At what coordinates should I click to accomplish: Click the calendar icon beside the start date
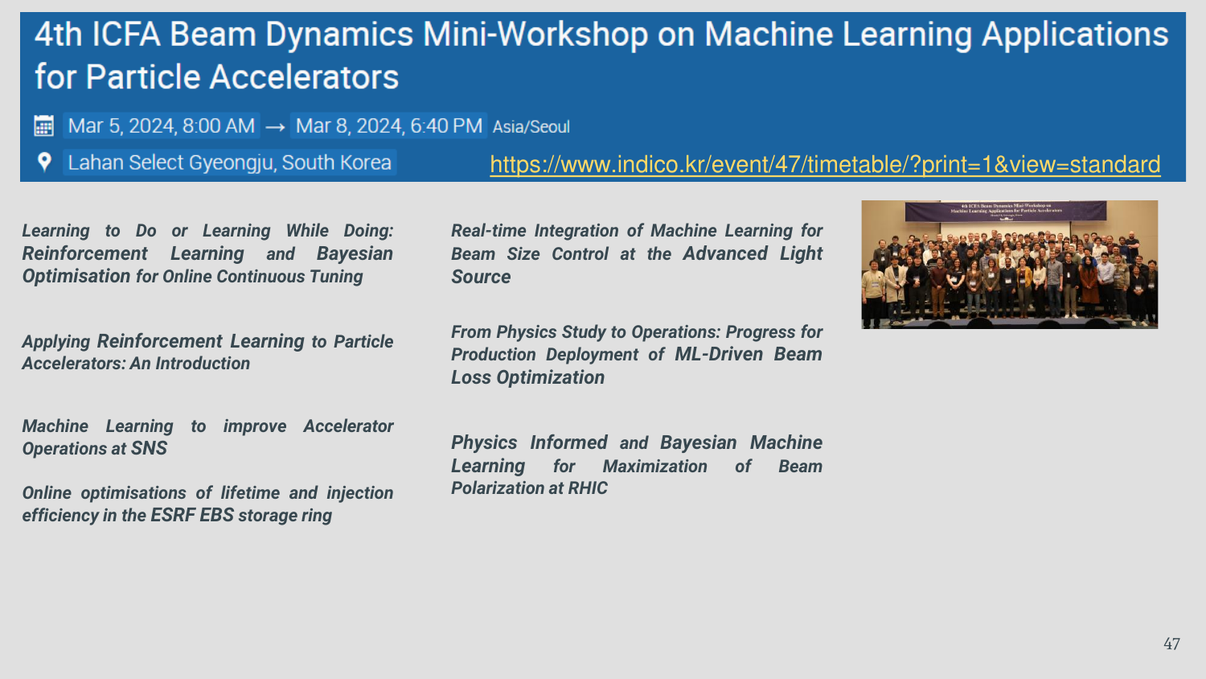point(43,126)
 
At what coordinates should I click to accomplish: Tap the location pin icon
point(44,162)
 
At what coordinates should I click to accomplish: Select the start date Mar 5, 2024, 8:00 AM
point(161,126)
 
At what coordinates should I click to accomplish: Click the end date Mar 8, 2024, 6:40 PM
point(388,126)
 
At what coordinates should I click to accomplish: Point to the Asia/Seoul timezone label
point(531,127)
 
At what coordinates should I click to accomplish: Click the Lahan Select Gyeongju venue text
point(229,163)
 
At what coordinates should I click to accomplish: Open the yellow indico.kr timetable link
point(825,164)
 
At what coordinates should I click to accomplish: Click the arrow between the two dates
point(275,127)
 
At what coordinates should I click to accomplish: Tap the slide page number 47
point(1171,644)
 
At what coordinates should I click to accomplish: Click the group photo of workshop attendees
point(1010,265)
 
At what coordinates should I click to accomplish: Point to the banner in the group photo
point(1006,211)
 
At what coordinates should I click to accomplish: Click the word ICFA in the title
point(126,35)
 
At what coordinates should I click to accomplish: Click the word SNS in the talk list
point(149,448)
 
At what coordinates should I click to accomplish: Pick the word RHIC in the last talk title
point(588,488)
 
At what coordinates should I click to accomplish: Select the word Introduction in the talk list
point(203,364)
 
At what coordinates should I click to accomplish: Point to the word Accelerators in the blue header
point(304,77)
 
